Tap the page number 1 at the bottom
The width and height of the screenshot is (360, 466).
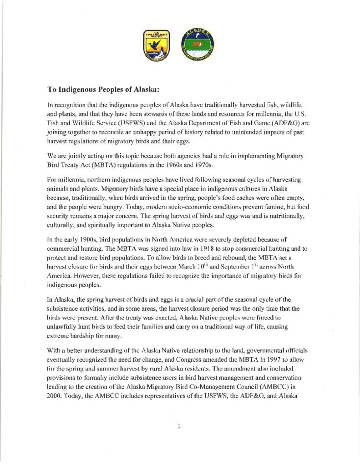click(179, 427)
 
